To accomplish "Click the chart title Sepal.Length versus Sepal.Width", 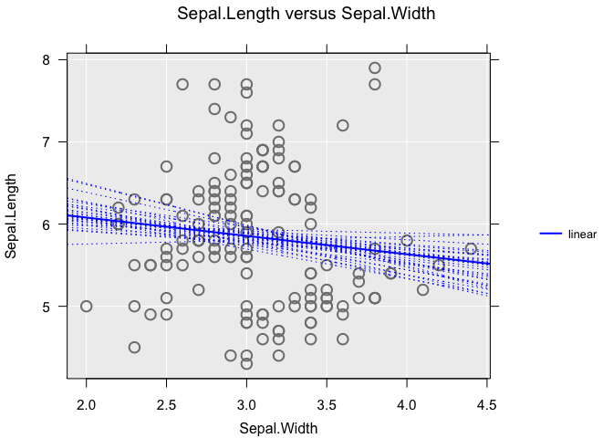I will [306, 14].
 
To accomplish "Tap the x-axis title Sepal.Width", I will [278, 427].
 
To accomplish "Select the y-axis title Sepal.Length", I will [12, 219].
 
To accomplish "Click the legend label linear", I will [582, 235].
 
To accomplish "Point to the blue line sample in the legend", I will [549, 235].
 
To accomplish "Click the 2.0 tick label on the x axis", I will [87, 404].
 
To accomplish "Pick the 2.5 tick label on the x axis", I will [166, 404].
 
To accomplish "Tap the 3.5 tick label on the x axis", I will [327, 404].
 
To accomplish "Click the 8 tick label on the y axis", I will [47, 59].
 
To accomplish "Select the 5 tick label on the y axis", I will [47, 307].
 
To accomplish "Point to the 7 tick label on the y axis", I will [47, 141].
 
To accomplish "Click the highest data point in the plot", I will [375, 68].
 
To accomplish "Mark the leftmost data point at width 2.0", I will [87, 307].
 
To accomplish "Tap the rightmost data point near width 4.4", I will [471, 249].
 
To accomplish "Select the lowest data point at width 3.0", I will [246, 364].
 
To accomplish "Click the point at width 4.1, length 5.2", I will [422, 290].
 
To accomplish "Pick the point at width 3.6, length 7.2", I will [343, 125].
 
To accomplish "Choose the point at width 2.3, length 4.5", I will [134, 348].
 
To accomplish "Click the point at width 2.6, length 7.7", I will [182, 84].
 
